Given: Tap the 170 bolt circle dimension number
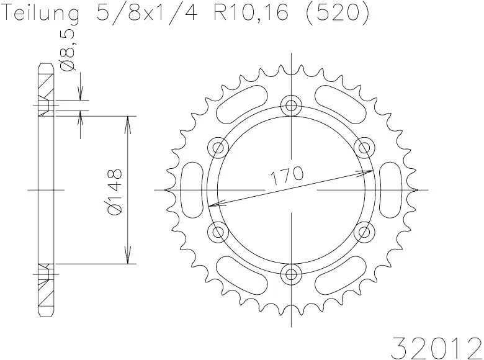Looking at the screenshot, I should coord(287,175).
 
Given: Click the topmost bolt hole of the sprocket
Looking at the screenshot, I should coord(290,106).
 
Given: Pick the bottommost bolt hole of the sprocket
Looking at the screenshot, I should coord(290,274).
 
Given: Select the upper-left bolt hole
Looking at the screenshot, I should coord(218,147).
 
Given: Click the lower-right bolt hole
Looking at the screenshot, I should coord(362,232).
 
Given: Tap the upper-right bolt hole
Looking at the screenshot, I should coord(362,147).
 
